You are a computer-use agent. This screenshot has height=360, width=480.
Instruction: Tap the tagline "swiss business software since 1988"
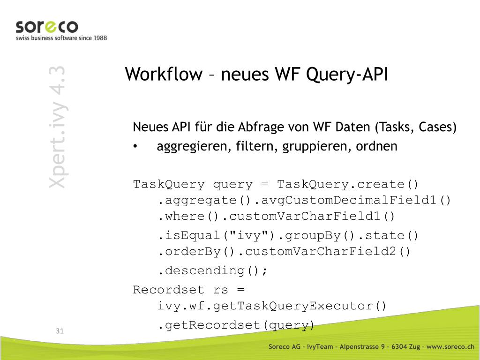(61, 38)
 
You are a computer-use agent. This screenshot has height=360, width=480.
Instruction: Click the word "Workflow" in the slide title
(164, 75)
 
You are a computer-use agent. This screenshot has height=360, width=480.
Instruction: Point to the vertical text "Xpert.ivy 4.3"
(57, 127)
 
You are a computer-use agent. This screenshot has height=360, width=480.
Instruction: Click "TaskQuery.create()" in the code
(347, 184)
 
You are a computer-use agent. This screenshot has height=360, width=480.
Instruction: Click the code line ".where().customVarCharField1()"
(276, 217)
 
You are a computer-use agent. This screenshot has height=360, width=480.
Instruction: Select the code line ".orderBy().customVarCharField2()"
(284, 252)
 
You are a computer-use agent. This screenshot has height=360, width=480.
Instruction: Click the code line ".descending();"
(212, 270)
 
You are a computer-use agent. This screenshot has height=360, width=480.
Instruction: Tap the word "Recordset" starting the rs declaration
(169, 290)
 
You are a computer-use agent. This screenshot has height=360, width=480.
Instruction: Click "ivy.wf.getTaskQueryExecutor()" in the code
(272, 306)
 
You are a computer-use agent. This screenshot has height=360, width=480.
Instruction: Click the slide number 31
(60, 331)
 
